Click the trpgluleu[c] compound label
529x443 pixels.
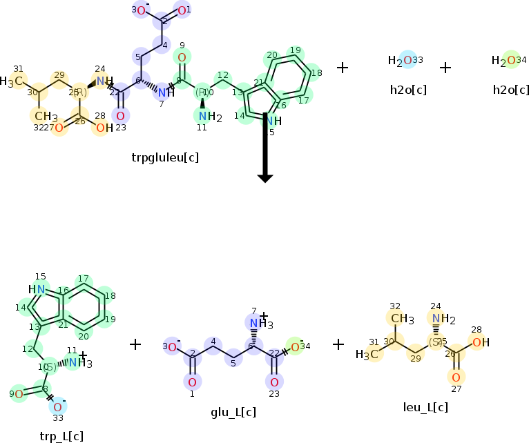165,157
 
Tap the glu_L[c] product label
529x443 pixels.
233,413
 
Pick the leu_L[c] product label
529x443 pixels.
425,407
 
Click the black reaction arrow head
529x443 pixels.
265,178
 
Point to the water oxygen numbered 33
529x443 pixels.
407,61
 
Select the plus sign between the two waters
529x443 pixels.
445,68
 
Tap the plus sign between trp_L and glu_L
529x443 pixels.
135,344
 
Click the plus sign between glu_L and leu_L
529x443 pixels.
338,344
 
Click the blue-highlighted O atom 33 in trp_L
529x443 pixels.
58,407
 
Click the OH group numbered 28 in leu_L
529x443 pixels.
481,342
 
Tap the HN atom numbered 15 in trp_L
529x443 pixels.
39,289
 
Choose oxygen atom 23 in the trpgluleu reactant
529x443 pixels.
121,116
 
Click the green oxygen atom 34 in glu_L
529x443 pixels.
294,346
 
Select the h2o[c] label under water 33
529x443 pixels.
407,90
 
